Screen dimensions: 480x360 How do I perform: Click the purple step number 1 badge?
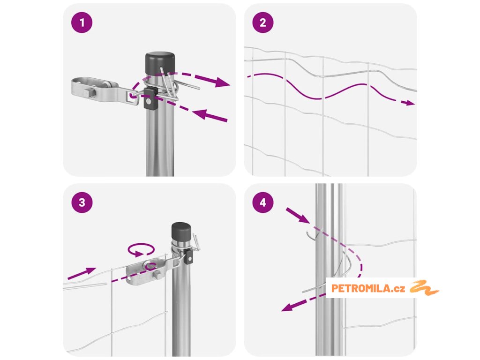[x=82, y=22]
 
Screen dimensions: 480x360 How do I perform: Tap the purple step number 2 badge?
[x=263, y=22]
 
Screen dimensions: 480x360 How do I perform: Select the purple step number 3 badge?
[x=82, y=202]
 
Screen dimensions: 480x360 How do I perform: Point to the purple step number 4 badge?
[x=263, y=202]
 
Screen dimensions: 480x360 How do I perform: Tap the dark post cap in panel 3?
[x=181, y=232]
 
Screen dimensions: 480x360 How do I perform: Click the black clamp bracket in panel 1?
[x=150, y=98]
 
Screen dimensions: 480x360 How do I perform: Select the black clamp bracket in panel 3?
[x=189, y=256]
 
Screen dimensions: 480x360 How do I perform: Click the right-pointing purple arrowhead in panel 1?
[x=222, y=82]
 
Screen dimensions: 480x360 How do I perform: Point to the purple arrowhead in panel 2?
[x=410, y=103]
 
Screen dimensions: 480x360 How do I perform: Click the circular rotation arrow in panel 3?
[x=141, y=249]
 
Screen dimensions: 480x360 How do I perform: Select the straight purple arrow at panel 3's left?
[x=82, y=273]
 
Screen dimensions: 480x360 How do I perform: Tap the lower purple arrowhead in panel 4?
[x=288, y=307]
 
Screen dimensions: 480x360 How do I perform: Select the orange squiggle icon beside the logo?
[x=424, y=287]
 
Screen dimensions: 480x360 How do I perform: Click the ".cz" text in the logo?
[x=398, y=289]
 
